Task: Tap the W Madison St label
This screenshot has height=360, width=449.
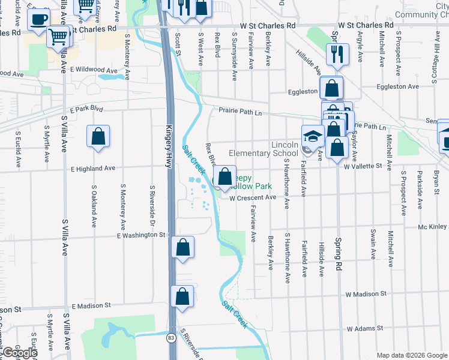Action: (366, 294)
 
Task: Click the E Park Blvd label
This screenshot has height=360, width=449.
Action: (86, 110)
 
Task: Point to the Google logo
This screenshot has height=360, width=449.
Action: (19, 353)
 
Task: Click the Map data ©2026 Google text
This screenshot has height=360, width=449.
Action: (412, 355)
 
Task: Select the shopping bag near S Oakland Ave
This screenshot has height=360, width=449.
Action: (98, 136)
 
